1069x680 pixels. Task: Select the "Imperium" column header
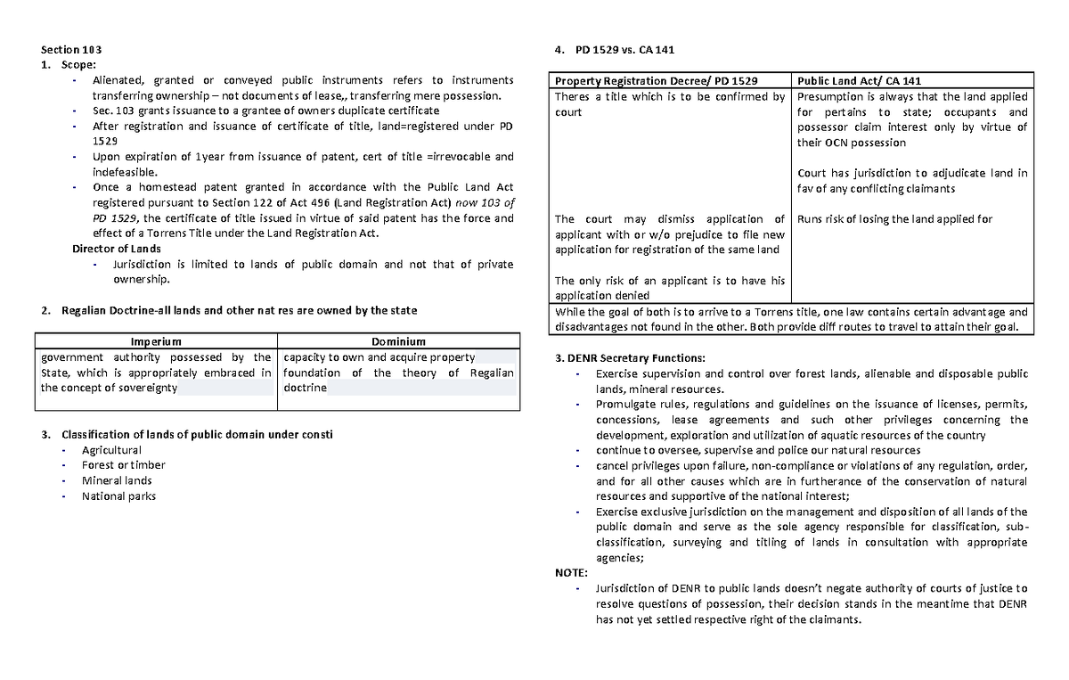tap(156, 341)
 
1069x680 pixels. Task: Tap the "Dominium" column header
tap(398, 341)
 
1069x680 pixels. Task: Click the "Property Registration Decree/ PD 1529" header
tap(649, 81)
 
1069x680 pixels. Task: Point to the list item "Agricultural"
tap(111, 450)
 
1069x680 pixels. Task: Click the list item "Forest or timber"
tap(123, 464)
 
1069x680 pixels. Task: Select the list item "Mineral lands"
tap(117, 480)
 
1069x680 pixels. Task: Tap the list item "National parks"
tap(118, 496)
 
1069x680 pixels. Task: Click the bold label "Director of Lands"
tap(116, 249)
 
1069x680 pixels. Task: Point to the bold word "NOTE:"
tap(571, 572)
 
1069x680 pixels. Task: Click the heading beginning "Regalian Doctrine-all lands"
tap(239, 310)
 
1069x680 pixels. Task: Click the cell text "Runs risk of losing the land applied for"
tap(894, 218)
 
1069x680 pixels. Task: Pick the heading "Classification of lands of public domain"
tap(197, 434)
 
